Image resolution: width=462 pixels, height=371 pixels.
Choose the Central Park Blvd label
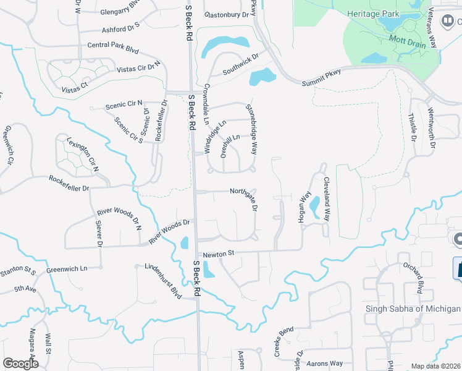[112, 45]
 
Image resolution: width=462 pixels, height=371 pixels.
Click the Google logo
[20, 363]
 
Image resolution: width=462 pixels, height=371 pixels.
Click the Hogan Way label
[303, 205]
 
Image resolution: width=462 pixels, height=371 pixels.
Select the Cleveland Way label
[327, 199]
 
